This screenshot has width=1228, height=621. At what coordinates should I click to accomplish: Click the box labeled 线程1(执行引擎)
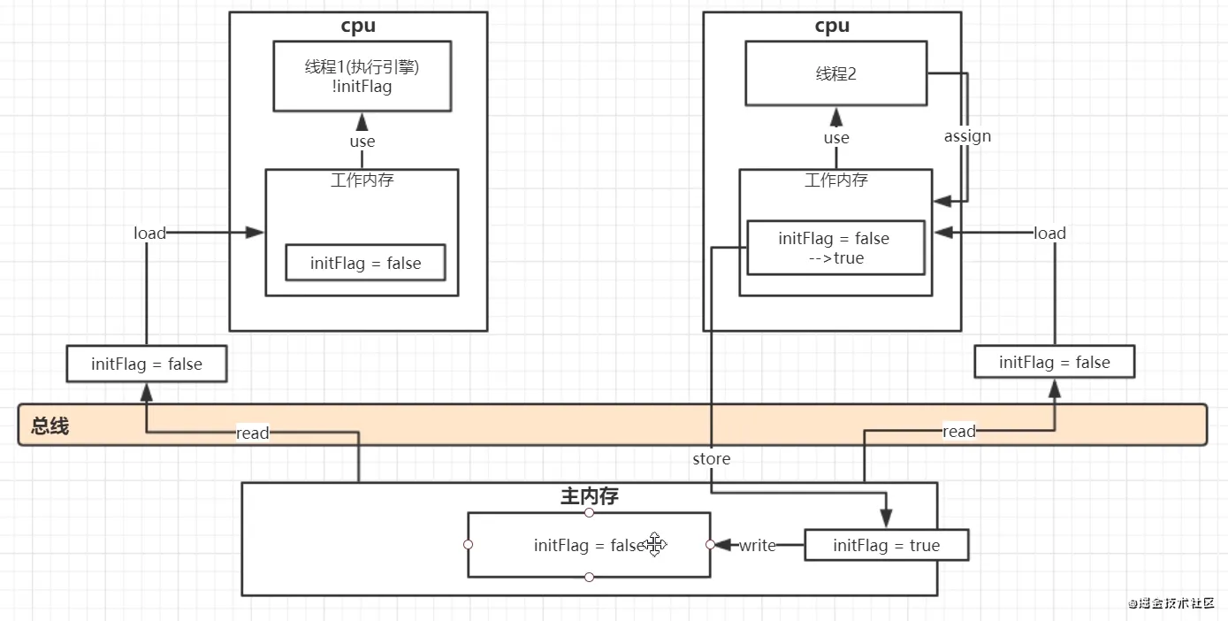tap(362, 76)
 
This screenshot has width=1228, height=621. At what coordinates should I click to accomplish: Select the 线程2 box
tap(836, 73)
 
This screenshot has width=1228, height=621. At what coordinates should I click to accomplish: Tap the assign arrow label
tap(967, 136)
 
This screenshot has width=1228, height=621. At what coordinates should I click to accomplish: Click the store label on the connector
tap(711, 458)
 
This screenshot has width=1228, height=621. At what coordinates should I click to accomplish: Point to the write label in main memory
tap(757, 545)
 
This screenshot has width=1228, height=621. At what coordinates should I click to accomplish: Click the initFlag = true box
tap(887, 545)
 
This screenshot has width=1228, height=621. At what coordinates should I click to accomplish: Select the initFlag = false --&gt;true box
tap(836, 248)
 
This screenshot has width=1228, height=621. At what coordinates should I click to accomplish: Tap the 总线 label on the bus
tap(50, 425)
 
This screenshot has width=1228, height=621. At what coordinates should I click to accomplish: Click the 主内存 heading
tap(590, 496)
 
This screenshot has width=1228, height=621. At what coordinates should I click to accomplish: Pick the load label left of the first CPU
tap(149, 234)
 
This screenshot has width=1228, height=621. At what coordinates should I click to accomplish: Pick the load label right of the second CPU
tap(1049, 234)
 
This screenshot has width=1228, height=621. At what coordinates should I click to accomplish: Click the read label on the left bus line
tap(252, 433)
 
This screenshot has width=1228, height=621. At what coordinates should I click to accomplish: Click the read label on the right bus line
tap(959, 431)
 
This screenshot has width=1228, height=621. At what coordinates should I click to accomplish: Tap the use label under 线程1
tap(362, 142)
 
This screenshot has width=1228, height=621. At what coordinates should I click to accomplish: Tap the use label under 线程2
tap(836, 138)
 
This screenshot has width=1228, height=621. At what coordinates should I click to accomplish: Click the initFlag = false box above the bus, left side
tap(147, 364)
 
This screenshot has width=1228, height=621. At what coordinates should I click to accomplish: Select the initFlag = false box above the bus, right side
tap(1054, 362)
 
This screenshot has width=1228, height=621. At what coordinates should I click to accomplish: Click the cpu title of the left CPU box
tap(358, 26)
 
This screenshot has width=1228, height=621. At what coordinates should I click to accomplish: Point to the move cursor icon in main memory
tap(654, 544)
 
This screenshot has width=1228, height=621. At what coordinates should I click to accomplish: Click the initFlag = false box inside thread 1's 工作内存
tap(366, 263)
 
